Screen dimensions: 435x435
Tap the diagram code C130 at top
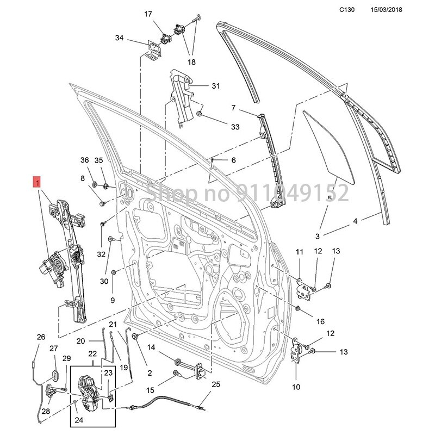pos(347,10)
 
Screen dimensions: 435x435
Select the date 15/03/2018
pos(387,10)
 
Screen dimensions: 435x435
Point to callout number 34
pos(120,38)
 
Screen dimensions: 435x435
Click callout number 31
pos(216,86)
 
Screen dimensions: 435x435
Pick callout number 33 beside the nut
pos(235,127)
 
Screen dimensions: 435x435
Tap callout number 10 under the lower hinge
pos(296,387)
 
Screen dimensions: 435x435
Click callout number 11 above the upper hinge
pos(299,252)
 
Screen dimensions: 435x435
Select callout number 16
pos(320,321)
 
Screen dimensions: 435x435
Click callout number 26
pos(41,337)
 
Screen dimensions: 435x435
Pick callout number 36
pos(84,160)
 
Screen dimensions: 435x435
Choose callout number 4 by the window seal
pos(355,221)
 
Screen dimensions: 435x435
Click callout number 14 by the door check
pos(151,347)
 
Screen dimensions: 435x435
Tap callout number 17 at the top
pos(148,14)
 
